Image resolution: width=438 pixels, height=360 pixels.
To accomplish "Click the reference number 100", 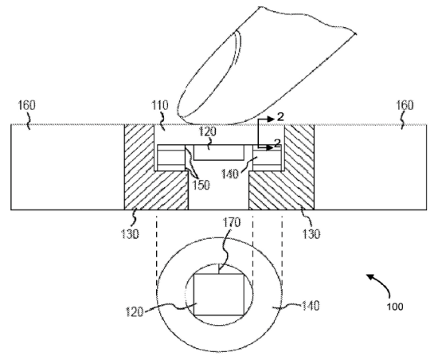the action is point(395,307).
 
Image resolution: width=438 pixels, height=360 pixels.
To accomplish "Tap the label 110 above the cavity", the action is point(160,105).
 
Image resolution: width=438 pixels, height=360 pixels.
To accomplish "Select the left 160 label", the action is point(27,105).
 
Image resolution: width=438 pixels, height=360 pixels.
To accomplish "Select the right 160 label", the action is point(405,105).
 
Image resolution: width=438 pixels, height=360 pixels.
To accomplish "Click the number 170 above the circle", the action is point(232,222).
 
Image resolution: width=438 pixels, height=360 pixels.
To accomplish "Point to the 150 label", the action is point(201,185).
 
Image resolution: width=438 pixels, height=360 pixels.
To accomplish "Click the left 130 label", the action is point(130,233).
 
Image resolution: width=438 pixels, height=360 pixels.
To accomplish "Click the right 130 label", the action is point(311,233).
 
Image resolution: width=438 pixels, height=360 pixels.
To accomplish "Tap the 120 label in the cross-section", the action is point(208,131).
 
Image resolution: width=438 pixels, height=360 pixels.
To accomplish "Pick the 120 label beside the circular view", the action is point(135,311).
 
